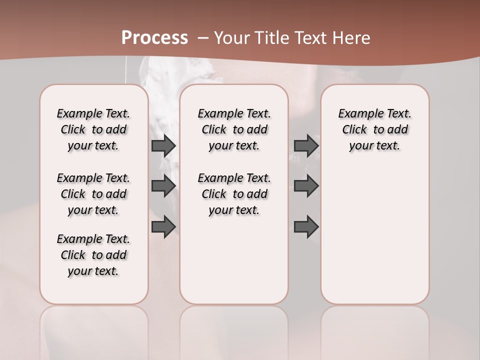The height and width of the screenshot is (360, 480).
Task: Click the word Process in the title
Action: coord(154,38)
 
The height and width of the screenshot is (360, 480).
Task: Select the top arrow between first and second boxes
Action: coord(163,145)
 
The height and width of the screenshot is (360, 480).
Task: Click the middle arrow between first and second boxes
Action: coord(163,186)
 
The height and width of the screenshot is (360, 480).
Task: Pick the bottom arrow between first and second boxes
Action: coord(163,226)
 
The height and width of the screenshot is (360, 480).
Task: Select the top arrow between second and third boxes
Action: coord(306,145)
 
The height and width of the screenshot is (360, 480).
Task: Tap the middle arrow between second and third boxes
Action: coord(306,186)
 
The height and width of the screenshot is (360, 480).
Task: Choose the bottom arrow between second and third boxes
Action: coord(306,226)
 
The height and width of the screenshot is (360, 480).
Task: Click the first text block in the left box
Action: coord(93,129)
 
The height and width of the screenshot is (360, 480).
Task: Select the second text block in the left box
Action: coord(93,194)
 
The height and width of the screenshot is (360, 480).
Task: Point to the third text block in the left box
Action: coord(93,255)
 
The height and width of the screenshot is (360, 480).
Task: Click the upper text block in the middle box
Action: coord(234,129)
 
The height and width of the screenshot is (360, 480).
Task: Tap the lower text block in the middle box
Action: coord(234,194)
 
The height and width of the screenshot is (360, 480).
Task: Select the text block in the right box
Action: coord(374,129)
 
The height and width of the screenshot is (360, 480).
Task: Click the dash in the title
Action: coord(203,38)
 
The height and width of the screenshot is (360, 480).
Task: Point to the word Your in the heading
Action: coord(232,38)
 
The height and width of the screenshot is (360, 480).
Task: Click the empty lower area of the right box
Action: coord(374,240)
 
